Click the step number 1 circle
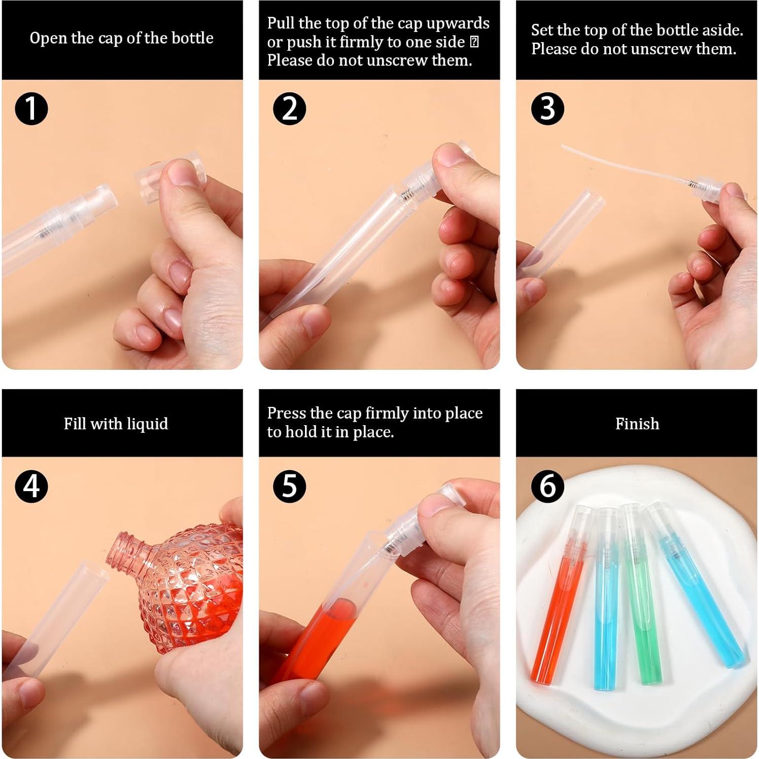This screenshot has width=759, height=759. [x=31, y=109]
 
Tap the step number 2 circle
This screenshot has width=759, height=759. [x=289, y=109]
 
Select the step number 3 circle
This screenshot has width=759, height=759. [x=547, y=109]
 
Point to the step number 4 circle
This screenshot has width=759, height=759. [x=31, y=486]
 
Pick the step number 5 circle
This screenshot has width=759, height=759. [x=289, y=486]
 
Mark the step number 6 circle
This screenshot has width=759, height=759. [x=547, y=486]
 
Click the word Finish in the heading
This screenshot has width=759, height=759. [x=637, y=424]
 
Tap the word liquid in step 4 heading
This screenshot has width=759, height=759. [x=148, y=424]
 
